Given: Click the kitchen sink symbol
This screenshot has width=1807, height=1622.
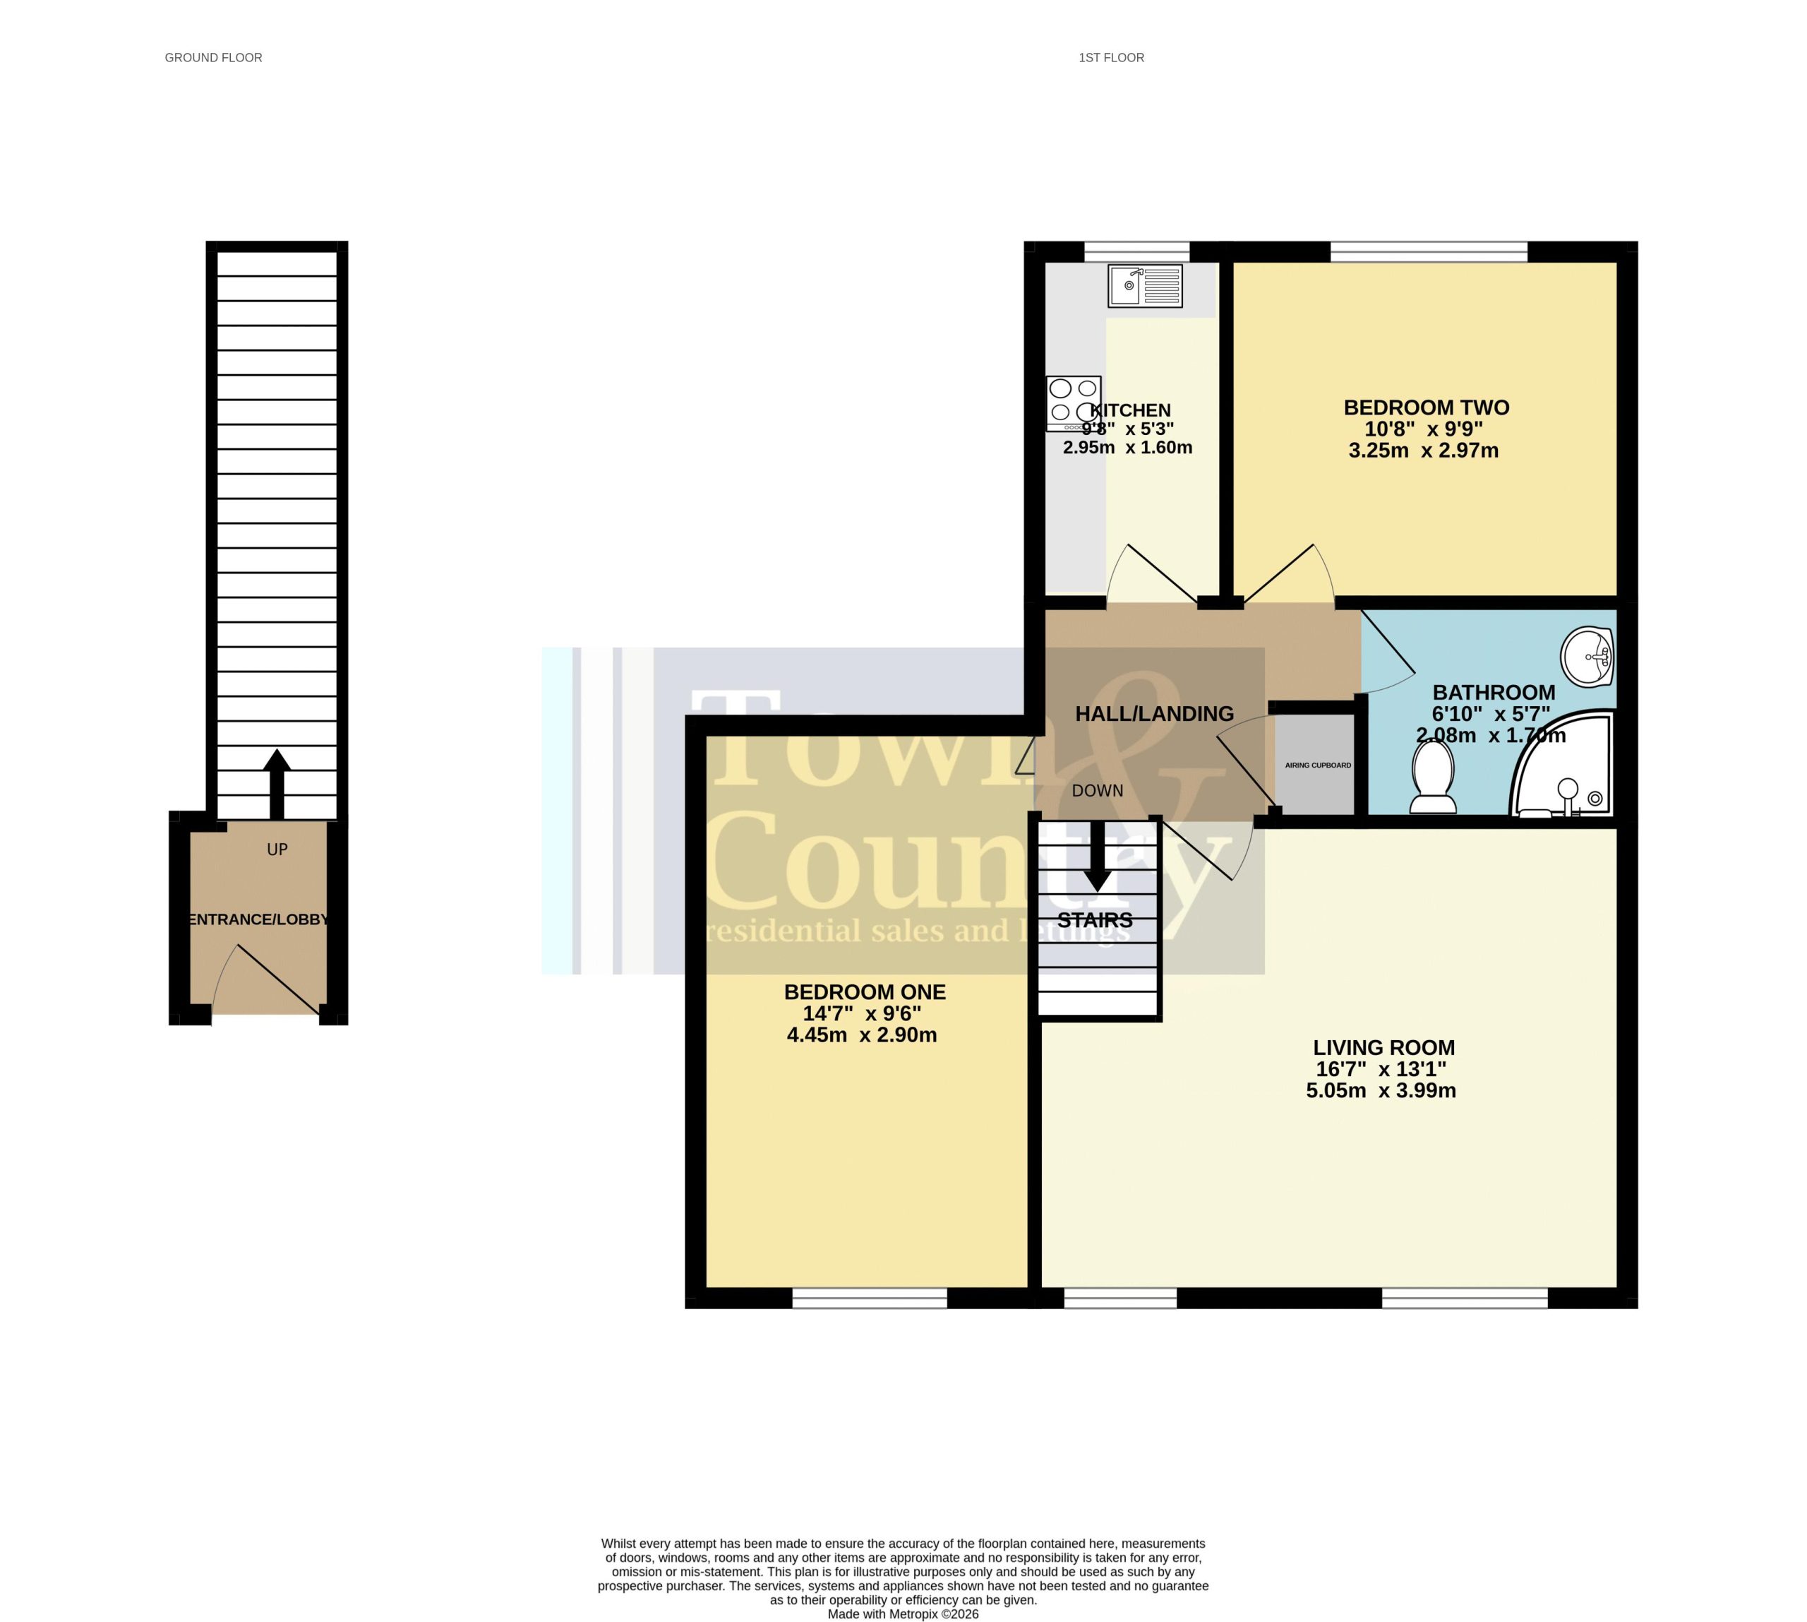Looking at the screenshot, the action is click(x=1145, y=286).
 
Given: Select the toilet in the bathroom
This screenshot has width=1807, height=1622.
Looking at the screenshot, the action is click(x=1433, y=777).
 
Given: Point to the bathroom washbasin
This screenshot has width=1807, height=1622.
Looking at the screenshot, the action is click(x=1587, y=657).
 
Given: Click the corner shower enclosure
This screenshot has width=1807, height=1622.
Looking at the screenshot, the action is click(x=1561, y=764).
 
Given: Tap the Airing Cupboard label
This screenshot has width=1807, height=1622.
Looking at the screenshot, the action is click(x=1318, y=765).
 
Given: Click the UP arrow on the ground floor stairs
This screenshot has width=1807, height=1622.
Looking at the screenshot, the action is click(x=277, y=785).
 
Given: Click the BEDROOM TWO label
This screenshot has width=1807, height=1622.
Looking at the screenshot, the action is click(x=1427, y=407).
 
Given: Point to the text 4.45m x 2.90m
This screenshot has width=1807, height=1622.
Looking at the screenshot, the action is click(x=862, y=1034).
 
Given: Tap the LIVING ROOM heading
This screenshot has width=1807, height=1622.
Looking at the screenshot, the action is click(x=1383, y=1047).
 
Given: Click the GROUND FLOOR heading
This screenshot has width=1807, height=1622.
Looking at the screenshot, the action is click(x=214, y=58).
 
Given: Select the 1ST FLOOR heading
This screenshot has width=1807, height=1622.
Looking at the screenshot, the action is click(x=1111, y=58).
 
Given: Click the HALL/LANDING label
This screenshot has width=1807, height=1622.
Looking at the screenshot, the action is click(x=1154, y=714).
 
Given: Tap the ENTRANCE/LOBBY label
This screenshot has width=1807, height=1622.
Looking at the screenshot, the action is click(x=258, y=919).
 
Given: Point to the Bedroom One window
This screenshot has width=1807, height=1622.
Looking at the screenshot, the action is click(x=870, y=1299).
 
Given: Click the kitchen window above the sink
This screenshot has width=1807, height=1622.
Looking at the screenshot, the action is click(x=1137, y=251).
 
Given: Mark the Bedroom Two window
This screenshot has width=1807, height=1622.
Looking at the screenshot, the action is click(x=1429, y=251).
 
